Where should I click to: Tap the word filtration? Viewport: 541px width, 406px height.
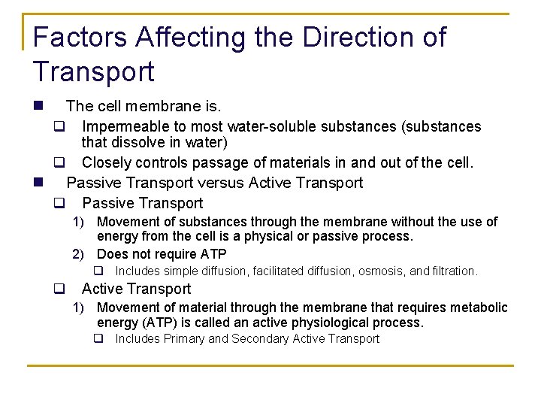454,271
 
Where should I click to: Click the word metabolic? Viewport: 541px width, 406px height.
480,308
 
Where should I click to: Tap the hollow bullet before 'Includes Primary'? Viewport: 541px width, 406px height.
98,339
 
